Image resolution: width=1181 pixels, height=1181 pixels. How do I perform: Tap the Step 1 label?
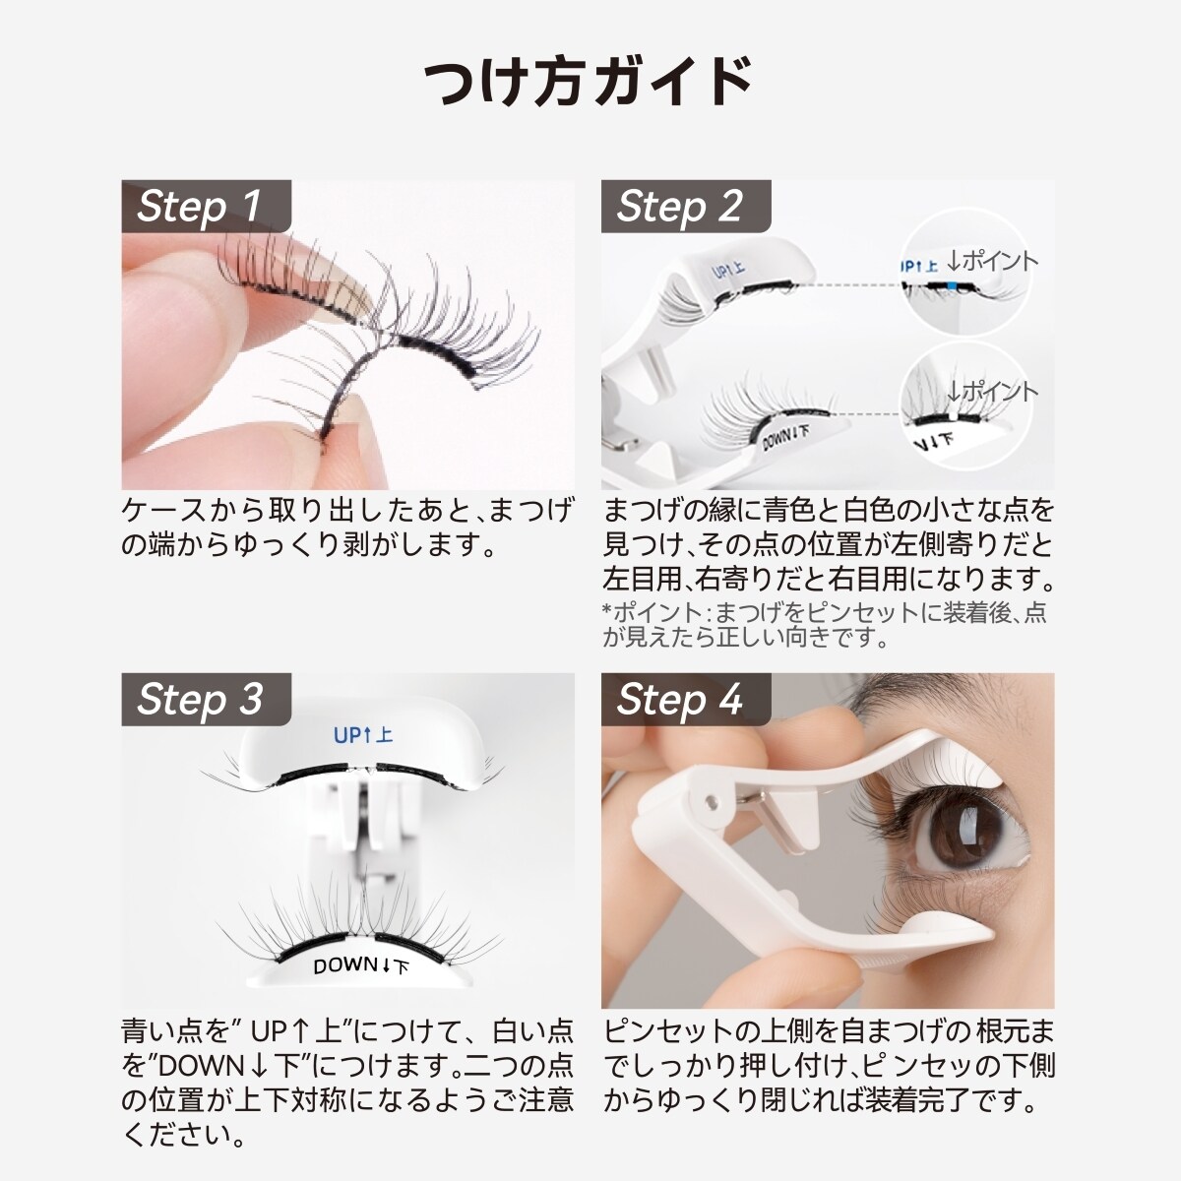[200, 207]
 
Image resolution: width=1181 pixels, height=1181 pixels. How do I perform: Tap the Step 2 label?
[679, 207]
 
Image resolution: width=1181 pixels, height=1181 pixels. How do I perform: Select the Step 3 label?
[200, 700]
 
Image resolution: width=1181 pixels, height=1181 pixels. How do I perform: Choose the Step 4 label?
[679, 700]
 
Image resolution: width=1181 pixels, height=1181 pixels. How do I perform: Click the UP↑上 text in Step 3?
[363, 735]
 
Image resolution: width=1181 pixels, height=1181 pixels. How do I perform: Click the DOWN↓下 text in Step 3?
[360, 966]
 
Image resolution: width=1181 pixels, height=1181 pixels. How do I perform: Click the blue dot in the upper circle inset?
[953, 286]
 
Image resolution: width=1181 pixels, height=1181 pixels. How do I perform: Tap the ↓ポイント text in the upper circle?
[992, 261]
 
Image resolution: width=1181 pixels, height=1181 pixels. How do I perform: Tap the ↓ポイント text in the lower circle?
[992, 392]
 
